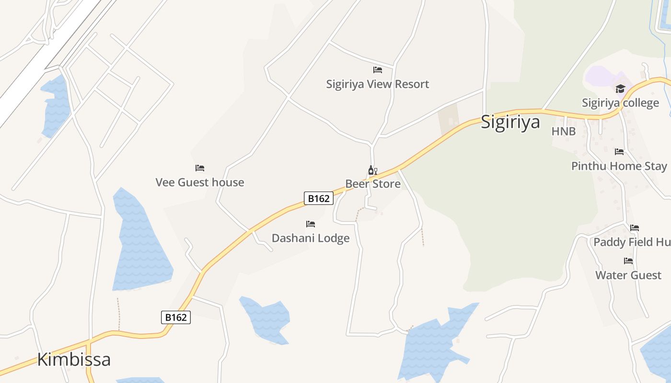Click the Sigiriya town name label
pyautogui.click(x=510, y=122)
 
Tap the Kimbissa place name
pyautogui.click(x=74, y=359)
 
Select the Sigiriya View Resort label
pyautogui.click(x=378, y=84)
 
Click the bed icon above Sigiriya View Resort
pyautogui.click(x=378, y=70)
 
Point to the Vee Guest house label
pyautogui.click(x=200, y=182)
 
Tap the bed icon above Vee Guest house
pyautogui.click(x=200, y=168)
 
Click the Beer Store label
pyautogui.click(x=373, y=184)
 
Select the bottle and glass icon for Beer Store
pyautogui.click(x=372, y=170)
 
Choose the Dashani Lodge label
pyautogui.click(x=311, y=238)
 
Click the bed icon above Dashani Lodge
pyautogui.click(x=311, y=224)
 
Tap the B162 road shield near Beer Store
pyautogui.click(x=319, y=198)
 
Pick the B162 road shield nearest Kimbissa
pyautogui.click(x=176, y=317)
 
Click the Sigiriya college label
pyautogui.click(x=620, y=103)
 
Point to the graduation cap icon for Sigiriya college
pyautogui.click(x=620, y=89)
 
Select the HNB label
pyautogui.click(x=564, y=131)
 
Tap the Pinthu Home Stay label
pyautogui.click(x=619, y=166)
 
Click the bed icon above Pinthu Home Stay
pyautogui.click(x=619, y=152)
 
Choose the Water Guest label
pyautogui.click(x=628, y=275)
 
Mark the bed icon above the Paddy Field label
pyautogui.click(x=635, y=228)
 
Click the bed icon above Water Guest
pyautogui.click(x=628, y=261)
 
